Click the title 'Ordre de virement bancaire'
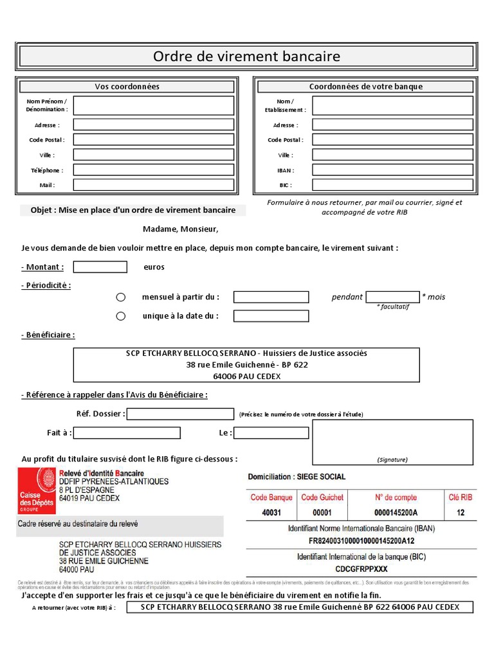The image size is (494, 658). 246,57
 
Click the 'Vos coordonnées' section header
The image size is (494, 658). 127,87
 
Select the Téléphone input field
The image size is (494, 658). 153,170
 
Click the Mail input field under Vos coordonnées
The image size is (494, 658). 153,185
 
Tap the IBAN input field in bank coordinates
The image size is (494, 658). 392,170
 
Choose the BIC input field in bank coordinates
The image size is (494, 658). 392,185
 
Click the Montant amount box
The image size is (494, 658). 100,267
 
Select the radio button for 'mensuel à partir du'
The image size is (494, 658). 120,297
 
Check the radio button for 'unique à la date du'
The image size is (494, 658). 120,316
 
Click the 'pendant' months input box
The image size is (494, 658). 392,297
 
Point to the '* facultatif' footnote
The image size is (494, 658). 392,307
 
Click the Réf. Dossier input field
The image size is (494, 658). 180,414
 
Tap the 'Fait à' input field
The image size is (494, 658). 126,433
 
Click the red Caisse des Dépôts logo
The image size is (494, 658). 37,490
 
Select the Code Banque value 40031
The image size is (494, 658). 271,513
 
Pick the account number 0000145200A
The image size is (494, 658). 396,513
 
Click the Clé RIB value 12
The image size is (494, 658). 461,513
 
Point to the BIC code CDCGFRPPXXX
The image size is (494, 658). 361,569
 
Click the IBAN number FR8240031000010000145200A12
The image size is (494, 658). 361,541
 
